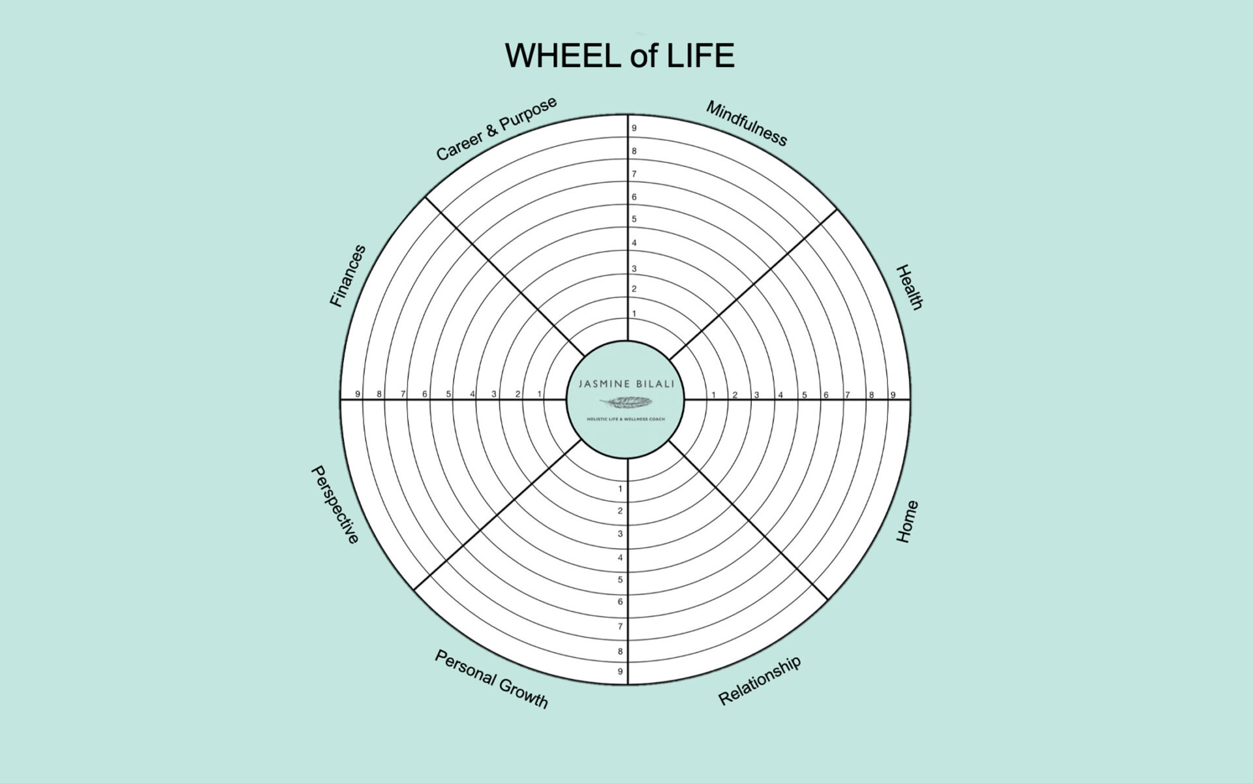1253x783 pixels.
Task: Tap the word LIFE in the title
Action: coord(700,55)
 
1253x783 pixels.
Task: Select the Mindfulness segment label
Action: coord(746,124)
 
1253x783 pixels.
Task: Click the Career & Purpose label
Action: coord(496,129)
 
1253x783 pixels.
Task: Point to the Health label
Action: coord(908,287)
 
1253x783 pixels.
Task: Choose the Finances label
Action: coord(347,276)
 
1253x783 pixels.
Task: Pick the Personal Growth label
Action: coord(491,679)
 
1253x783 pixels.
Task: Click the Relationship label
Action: coord(759,681)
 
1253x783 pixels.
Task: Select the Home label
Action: coord(906,521)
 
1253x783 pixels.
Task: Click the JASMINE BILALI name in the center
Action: coord(626,384)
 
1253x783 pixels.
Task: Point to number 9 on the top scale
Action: coord(634,129)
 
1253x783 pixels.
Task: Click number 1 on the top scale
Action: coord(634,314)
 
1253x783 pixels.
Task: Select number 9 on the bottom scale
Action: coord(620,671)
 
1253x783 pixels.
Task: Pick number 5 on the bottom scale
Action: coord(620,579)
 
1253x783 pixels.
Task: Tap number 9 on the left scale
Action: coord(358,394)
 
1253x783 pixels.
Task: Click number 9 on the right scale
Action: coord(893,395)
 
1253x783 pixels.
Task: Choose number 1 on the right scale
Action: coord(713,395)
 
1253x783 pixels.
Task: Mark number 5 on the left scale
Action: coord(448,394)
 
